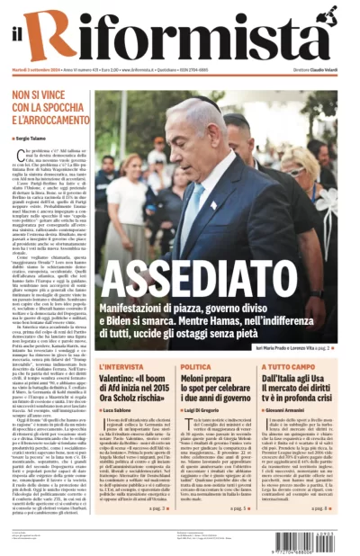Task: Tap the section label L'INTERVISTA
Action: [x=121, y=367]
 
